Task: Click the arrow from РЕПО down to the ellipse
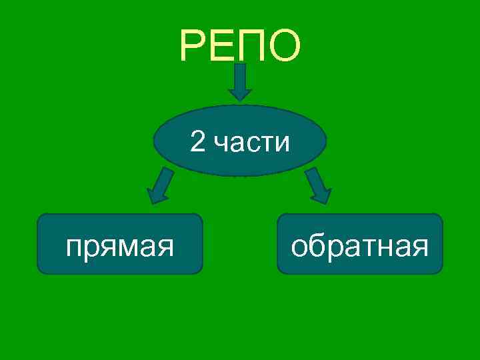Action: click(240, 81)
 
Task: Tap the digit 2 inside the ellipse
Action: click(197, 141)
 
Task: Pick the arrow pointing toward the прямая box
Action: click(159, 186)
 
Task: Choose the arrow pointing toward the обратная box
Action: click(319, 186)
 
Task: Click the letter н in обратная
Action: click(390, 249)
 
